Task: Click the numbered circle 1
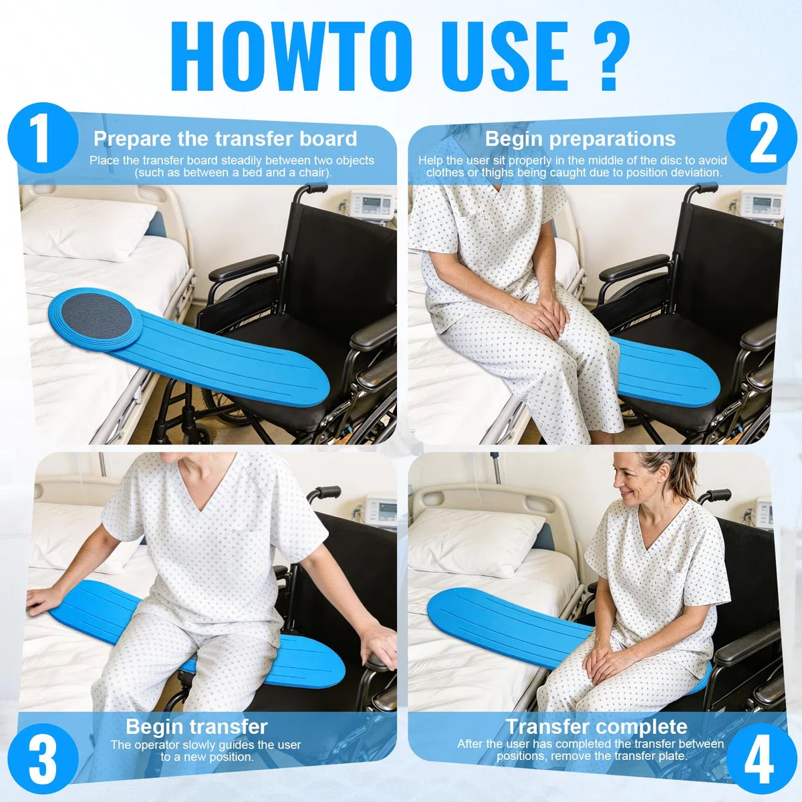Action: tap(43, 138)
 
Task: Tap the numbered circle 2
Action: tap(762, 138)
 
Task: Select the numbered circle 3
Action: tap(43, 759)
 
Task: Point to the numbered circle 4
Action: tap(760, 759)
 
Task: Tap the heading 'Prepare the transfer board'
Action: tap(225, 138)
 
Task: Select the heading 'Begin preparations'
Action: tap(580, 138)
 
